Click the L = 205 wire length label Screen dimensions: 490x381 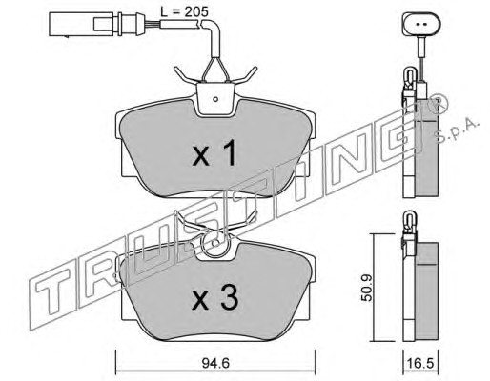click(184, 11)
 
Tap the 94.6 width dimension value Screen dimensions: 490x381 click(215, 363)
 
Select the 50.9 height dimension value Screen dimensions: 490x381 click(367, 288)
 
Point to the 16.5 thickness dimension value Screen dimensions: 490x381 click(420, 363)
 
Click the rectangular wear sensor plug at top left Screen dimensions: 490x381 click(81, 24)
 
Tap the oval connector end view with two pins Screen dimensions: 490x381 click(421, 24)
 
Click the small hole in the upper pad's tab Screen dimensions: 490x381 click(215, 99)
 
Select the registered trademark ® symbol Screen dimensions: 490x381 click(439, 104)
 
